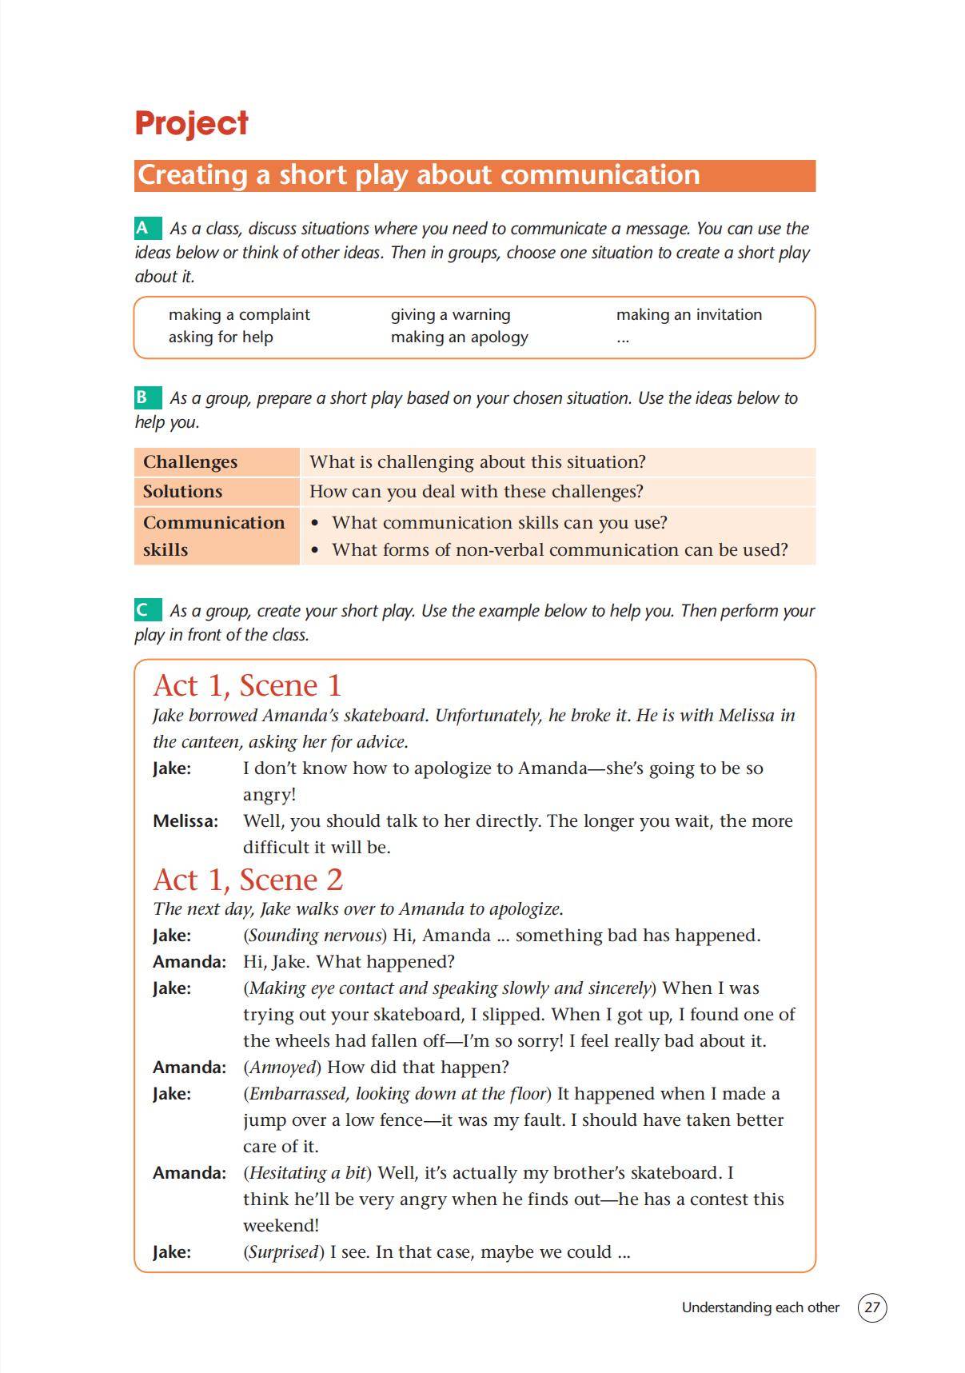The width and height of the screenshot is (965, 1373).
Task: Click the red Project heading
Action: click(191, 123)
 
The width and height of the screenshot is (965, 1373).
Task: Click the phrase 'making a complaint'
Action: click(239, 314)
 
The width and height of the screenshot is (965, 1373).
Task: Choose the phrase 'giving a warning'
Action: click(450, 314)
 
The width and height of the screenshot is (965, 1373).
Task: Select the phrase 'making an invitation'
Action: click(688, 314)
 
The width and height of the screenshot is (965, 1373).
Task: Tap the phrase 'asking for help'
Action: click(221, 337)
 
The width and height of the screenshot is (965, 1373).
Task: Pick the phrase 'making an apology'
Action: click(459, 337)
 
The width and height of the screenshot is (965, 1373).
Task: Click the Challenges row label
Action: click(190, 461)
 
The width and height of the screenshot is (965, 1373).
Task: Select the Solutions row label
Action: click(182, 491)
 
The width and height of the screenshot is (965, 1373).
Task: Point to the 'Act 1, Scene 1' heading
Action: click(247, 685)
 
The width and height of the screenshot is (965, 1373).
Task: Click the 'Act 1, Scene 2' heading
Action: click(248, 880)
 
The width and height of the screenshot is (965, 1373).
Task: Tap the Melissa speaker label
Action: click(185, 821)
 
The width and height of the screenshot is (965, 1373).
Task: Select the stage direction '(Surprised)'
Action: click(284, 1251)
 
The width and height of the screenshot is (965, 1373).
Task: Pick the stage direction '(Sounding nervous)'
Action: click(315, 935)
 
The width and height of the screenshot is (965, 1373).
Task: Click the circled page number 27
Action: click(872, 1307)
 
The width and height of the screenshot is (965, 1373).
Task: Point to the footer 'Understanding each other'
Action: click(760, 1307)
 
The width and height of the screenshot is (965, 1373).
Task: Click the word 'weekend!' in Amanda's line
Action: click(281, 1225)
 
